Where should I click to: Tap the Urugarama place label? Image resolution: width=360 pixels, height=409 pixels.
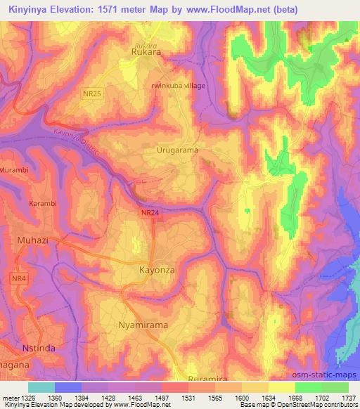pos(177,150)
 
